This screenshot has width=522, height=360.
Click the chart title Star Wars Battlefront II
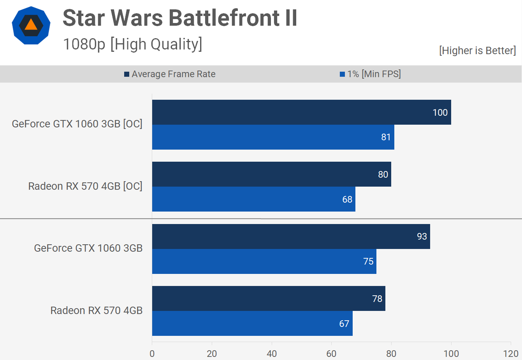pos(180,18)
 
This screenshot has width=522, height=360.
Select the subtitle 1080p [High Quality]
pos(132,44)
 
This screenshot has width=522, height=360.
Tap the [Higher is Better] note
pos(477,51)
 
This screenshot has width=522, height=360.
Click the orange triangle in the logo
pos(31,25)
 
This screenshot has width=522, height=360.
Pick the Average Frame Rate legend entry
pos(170,74)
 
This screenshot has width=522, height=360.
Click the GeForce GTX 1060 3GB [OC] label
pos(77,124)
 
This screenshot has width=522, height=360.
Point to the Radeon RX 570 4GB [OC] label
pos(85,186)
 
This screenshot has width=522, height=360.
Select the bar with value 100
pos(301,112)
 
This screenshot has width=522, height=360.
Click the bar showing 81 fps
pos(273,137)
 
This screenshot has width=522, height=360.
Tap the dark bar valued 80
pos(271,174)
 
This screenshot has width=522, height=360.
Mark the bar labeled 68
pos(253,199)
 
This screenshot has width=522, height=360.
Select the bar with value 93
pos(291,236)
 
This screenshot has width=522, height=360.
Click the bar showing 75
pos(264,261)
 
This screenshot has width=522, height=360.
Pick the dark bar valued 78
pos(269,298)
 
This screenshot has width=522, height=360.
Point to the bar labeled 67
pos(252,323)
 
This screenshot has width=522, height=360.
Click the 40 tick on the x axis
pos(272,354)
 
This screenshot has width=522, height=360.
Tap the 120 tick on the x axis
pos(511,354)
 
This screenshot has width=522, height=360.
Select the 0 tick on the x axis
pos(152,354)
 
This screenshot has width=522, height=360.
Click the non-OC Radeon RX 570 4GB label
pos(96,311)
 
